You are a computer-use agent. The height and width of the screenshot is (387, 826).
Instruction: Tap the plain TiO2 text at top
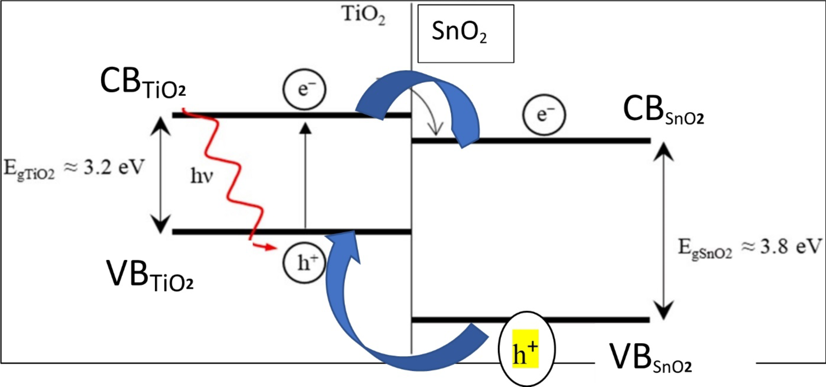pyautogui.click(x=363, y=15)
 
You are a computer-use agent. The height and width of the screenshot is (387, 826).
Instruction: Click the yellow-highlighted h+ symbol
pyautogui.click(x=526, y=349)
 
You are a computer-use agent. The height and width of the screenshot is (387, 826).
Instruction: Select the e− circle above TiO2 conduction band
pyautogui.click(x=304, y=89)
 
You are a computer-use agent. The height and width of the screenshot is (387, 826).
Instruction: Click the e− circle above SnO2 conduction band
pyautogui.click(x=544, y=115)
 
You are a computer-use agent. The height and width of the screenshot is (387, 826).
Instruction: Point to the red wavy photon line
pyautogui.click(x=234, y=173)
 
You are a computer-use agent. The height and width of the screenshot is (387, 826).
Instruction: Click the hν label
pyautogui.click(x=202, y=176)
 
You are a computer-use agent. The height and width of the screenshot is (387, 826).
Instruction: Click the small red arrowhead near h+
pyautogui.click(x=271, y=247)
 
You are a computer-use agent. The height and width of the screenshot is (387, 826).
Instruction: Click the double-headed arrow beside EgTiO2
pyautogui.click(x=161, y=175)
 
